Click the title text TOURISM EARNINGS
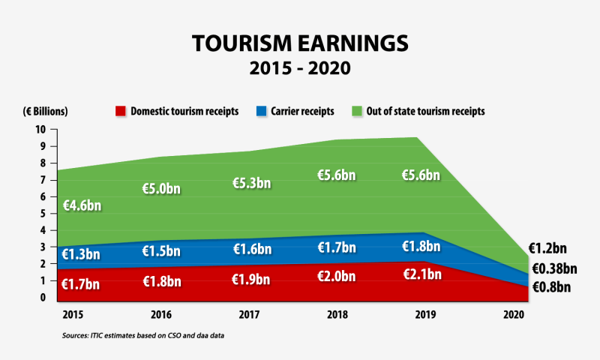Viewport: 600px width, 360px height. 300,43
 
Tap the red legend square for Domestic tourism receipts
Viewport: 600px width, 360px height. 120,111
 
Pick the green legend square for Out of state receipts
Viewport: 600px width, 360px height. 355,111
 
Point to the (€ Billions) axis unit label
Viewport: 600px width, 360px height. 45,111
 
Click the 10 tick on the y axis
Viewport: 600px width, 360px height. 41,129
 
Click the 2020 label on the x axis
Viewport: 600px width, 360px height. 513,313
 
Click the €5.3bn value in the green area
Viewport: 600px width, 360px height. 252,183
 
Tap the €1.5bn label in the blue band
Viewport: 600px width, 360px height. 161,250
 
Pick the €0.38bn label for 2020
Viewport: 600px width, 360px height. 554,268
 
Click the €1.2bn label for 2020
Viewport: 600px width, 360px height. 551,247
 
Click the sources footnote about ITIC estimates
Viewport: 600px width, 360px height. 142,335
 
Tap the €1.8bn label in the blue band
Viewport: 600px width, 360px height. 421,246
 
